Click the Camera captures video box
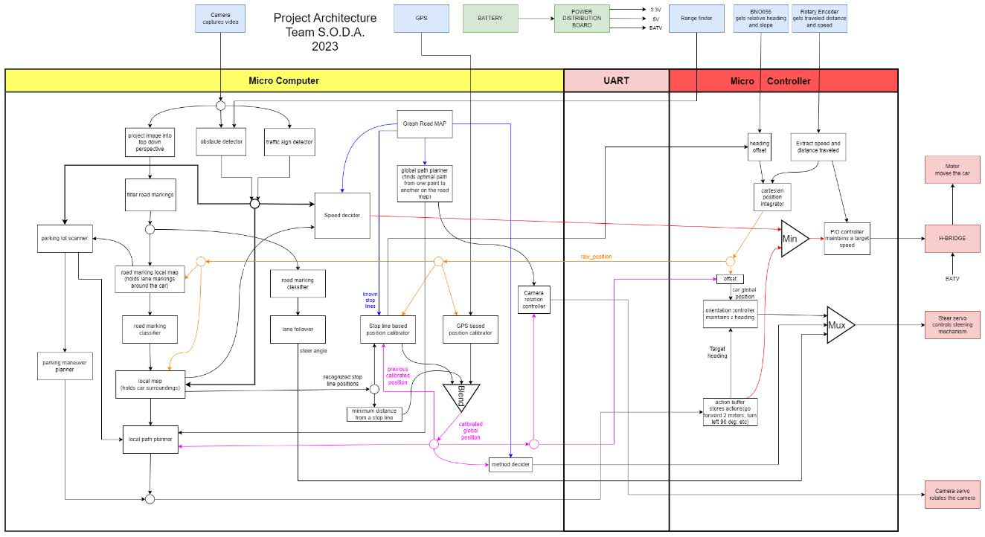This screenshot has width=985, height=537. [x=220, y=19]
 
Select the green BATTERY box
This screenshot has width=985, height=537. [x=490, y=19]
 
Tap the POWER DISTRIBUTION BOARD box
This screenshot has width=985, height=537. [x=582, y=19]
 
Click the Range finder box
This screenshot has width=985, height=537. [x=696, y=19]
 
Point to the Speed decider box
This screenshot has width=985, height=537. [x=341, y=216]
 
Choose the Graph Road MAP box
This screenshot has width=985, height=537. [x=424, y=124]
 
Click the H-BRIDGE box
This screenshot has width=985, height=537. [x=952, y=238]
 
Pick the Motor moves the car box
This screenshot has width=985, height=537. [x=952, y=170]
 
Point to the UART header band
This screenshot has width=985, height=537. [x=616, y=80]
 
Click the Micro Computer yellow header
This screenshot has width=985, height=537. [x=283, y=80]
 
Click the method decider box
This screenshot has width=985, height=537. [x=510, y=465]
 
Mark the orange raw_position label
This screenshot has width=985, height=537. [x=596, y=257]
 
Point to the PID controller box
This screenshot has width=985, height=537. [x=847, y=239]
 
